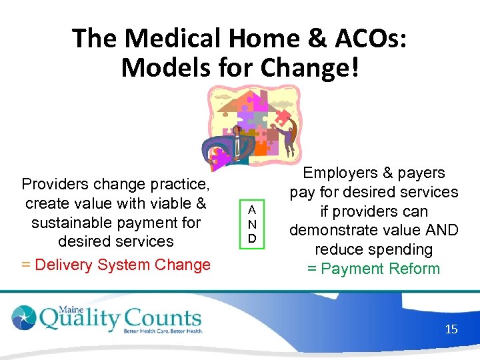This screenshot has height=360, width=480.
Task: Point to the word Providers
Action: (55, 183)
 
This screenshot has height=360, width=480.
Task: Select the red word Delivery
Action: (65, 265)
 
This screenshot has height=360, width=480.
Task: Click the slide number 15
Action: (451, 329)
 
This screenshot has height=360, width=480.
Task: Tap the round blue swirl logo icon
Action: (25, 318)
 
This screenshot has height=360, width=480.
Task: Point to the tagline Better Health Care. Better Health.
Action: (163, 331)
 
